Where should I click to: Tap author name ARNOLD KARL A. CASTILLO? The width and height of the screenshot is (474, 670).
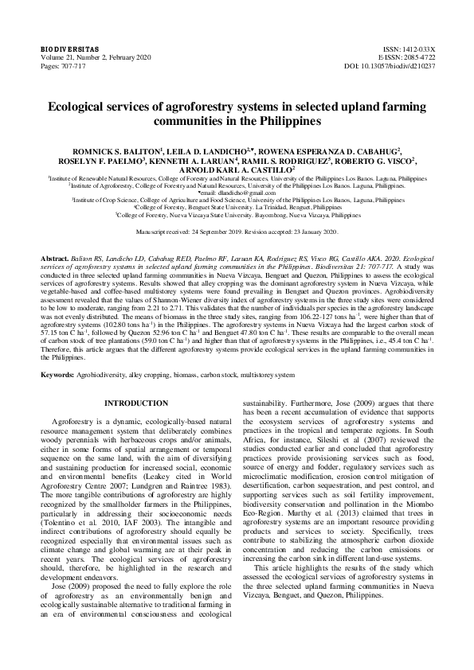(237, 169)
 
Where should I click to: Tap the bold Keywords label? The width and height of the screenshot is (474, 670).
(57, 373)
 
